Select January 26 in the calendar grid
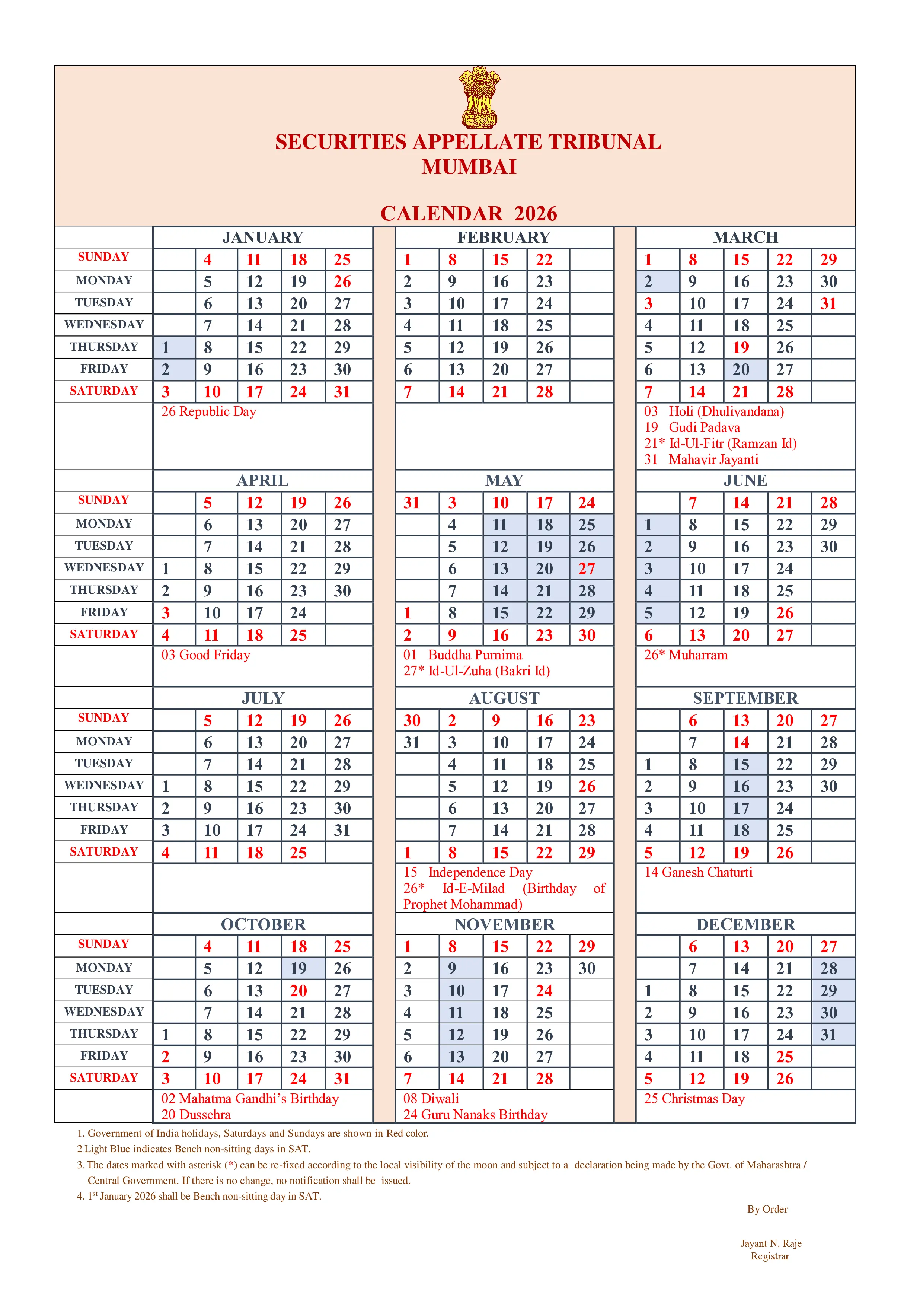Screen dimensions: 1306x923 [x=342, y=281]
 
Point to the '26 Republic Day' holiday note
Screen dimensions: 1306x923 [x=209, y=411]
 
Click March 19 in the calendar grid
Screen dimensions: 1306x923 [x=741, y=348]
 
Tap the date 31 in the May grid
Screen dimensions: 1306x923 [x=411, y=503]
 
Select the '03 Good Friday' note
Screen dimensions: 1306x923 [x=205, y=655]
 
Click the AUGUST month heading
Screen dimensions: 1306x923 [x=504, y=698]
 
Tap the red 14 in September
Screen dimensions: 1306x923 [x=741, y=742]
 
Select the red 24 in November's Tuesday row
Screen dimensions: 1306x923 [x=544, y=991]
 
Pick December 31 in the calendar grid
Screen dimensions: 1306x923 [x=828, y=1035]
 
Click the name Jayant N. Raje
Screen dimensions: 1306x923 [x=770, y=1243]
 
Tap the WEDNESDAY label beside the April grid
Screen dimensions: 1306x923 [x=104, y=568]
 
